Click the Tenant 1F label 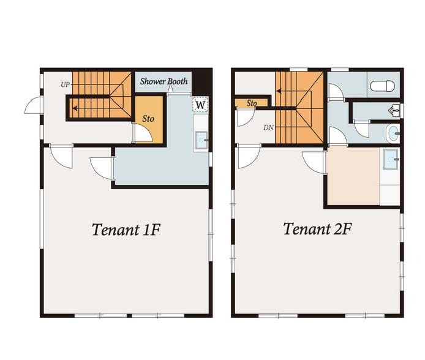126,230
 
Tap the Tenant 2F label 317,228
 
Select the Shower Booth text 164,81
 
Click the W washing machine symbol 200,105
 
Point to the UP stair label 65,84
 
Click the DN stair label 268,127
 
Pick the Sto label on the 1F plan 148,118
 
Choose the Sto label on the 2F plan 252,103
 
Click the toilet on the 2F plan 383,86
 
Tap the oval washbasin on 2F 393,133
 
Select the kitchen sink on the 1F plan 201,140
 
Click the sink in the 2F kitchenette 391,159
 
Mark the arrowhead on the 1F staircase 75,108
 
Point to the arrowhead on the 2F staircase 279,91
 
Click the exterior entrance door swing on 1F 33,105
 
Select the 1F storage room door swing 144,133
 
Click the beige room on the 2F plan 353,176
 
